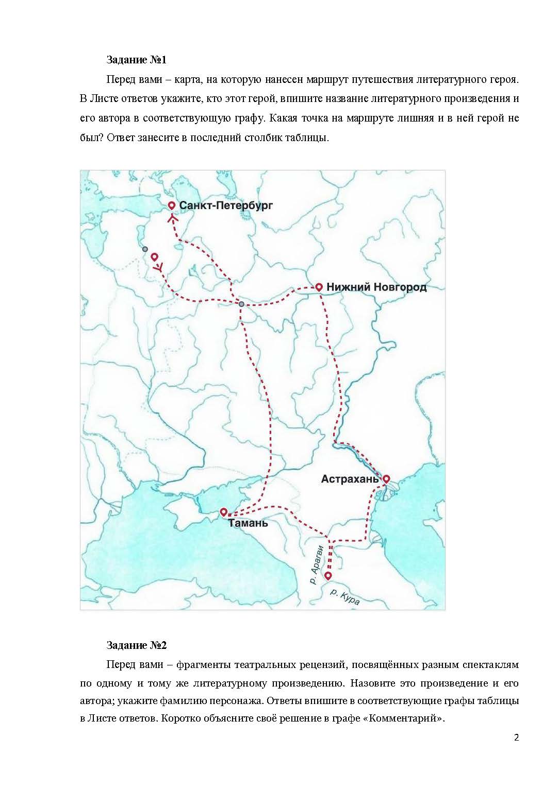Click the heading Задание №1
pos(136,60)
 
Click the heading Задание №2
pos(136,645)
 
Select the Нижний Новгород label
pos(377,287)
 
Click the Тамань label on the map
pos(249,523)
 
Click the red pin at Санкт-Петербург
pos(172,205)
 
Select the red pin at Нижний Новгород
pos(319,287)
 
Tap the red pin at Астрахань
pos(386,478)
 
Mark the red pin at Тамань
pos(223,512)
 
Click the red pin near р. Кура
pos(327,575)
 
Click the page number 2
pos(516,751)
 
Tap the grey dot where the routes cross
pos(241,304)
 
